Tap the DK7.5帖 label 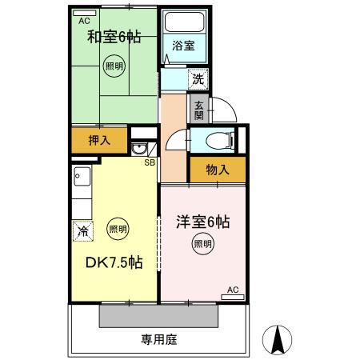pos(114,262)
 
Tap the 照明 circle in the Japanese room pos(114,68)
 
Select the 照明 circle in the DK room pos(118,229)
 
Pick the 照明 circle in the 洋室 pos(202,245)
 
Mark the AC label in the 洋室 pos(233,290)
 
